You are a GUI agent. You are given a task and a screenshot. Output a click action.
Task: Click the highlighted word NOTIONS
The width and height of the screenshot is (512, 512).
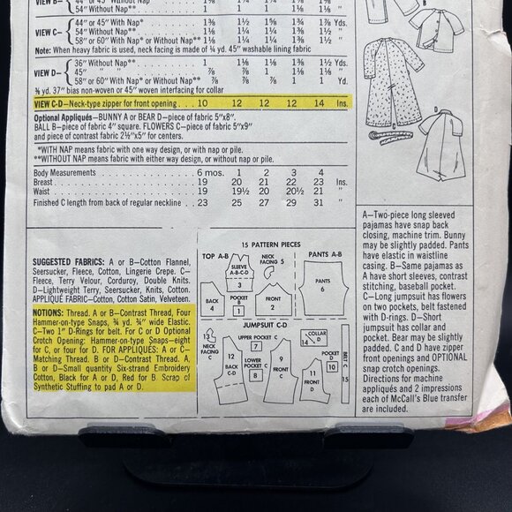(x=48, y=312)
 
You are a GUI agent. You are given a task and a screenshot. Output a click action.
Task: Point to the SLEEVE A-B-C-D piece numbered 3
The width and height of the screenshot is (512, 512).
(x=238, y=270)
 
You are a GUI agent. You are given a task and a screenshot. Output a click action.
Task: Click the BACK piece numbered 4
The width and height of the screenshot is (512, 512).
(x=213, y=305)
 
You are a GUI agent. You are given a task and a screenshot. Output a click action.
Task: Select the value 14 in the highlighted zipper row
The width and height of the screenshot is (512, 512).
(x=312, y=102)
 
